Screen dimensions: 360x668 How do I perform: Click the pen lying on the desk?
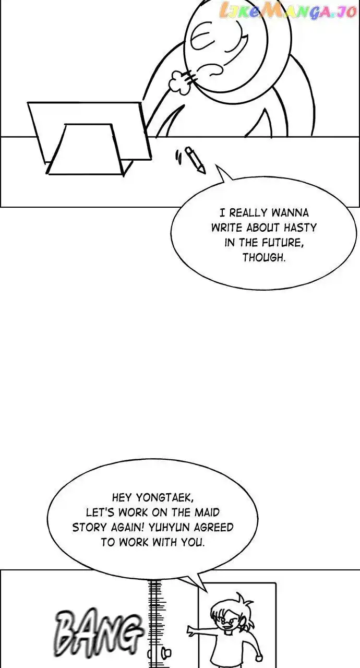point(196,160)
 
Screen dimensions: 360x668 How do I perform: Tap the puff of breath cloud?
point(177,82)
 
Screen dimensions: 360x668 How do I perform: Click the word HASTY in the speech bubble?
point(300,228)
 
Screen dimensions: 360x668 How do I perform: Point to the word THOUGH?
point(264,258)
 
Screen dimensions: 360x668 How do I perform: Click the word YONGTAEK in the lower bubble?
point(165,498)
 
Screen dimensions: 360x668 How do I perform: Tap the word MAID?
point(207,512)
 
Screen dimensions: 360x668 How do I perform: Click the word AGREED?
point(214,528)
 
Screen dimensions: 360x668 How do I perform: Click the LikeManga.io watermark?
point(287,11)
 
